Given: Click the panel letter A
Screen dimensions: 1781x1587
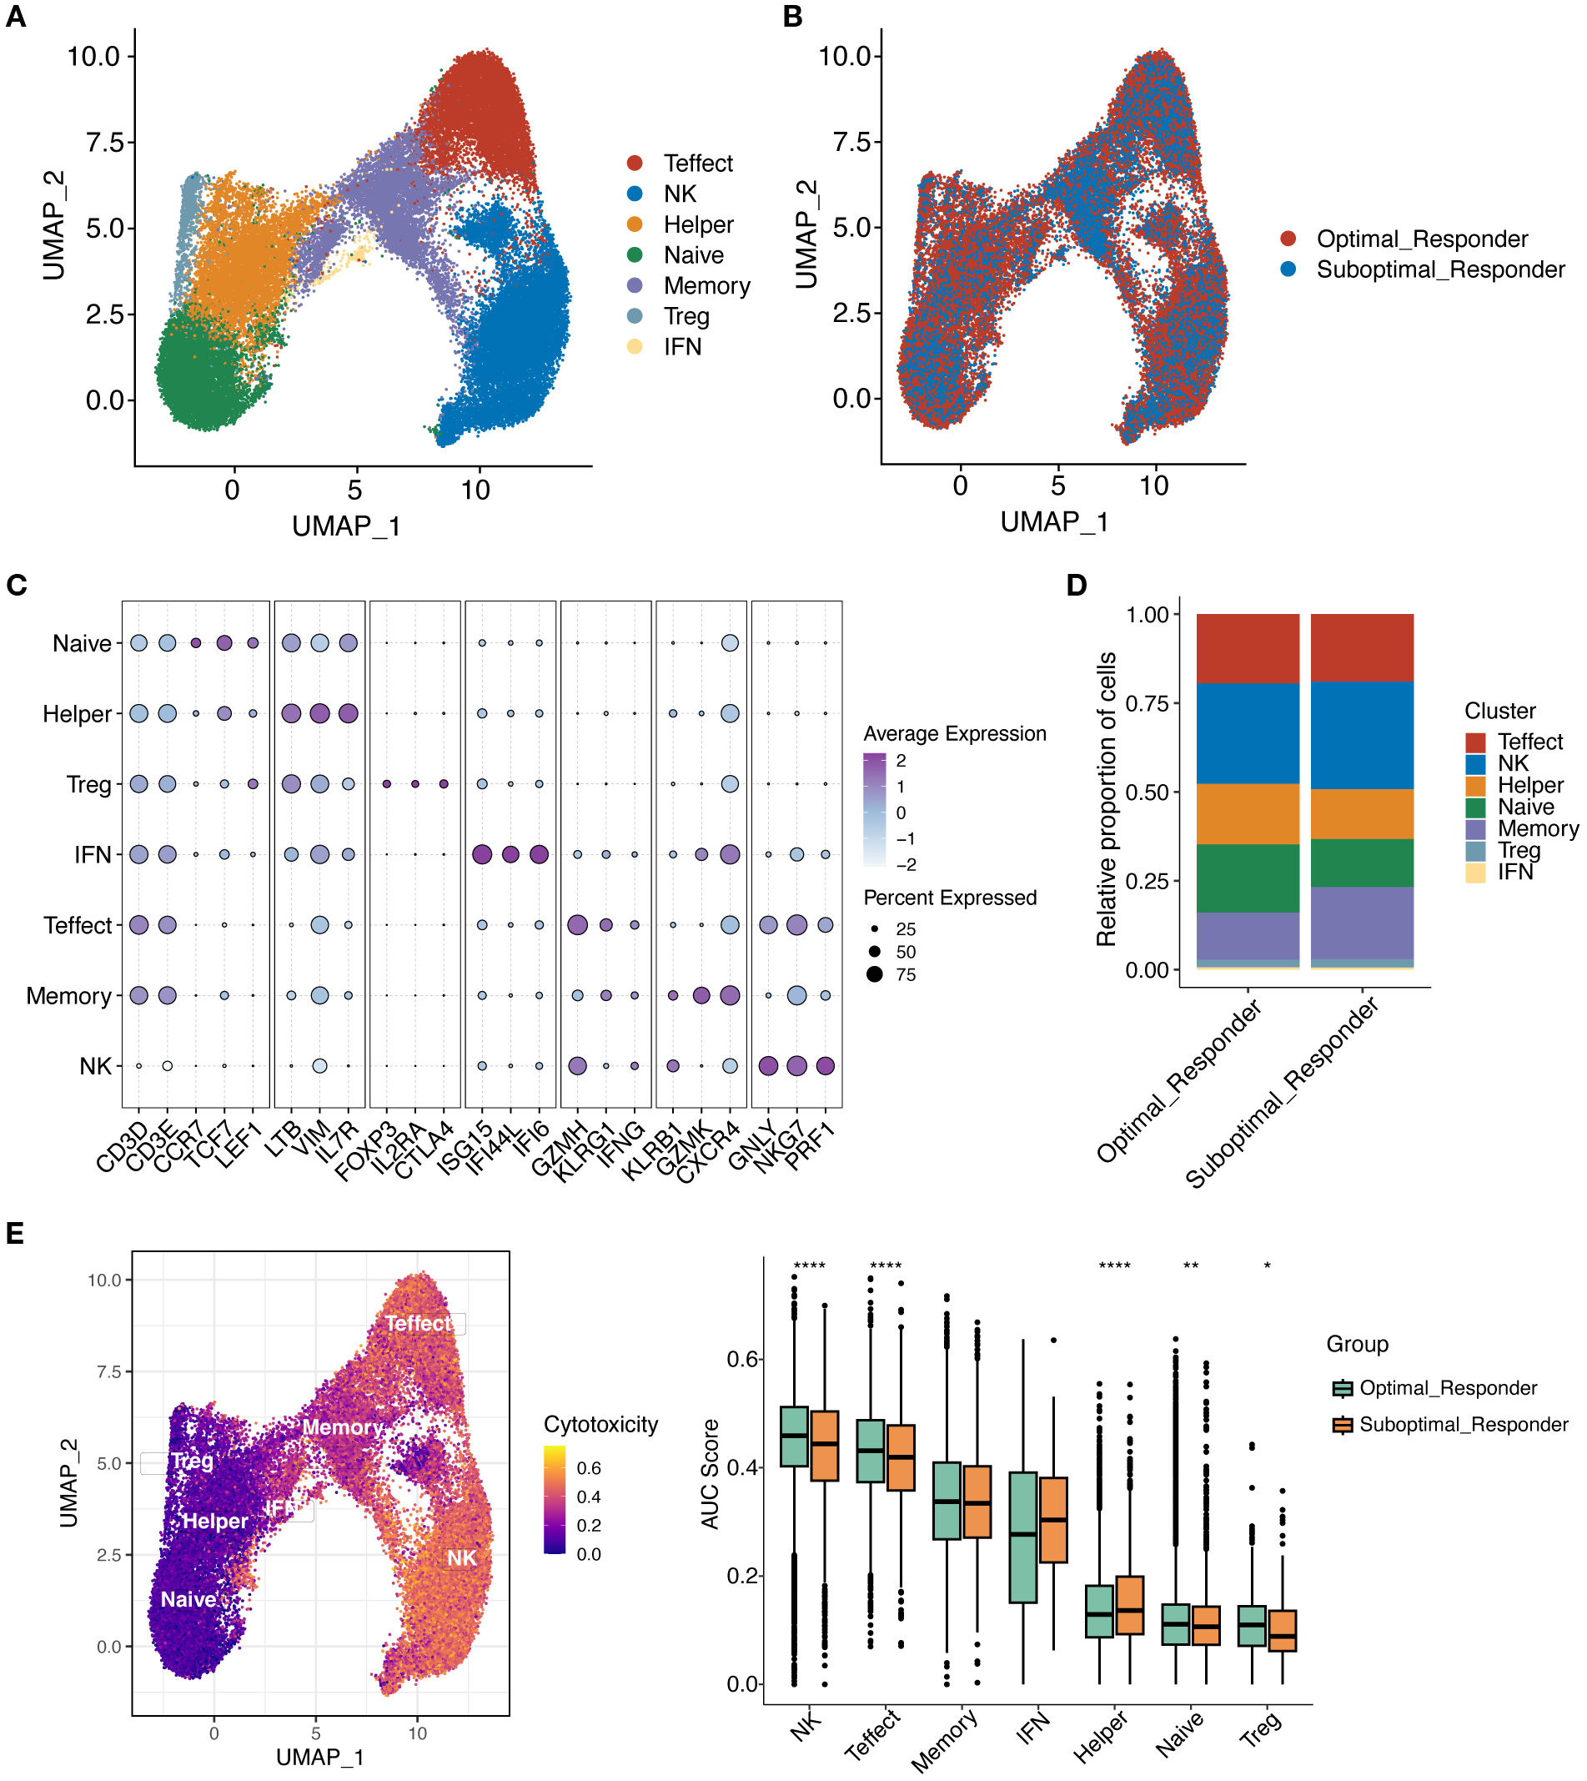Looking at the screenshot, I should (x=15, y=17).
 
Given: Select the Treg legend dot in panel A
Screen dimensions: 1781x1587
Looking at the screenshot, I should (x=635, y=315).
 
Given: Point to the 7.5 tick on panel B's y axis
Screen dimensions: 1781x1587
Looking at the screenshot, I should (x=856, y=141).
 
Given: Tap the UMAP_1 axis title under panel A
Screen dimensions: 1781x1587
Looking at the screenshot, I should (x=346, y=526).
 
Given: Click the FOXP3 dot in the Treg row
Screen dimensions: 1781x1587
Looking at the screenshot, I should (x=386, y=784).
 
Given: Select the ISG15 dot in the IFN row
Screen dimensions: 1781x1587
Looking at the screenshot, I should (x=481, y=855).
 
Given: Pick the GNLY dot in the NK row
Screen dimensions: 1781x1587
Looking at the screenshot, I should (x=768, y=1066).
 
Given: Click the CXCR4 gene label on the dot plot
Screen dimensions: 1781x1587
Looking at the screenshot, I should (x=708, y=1153).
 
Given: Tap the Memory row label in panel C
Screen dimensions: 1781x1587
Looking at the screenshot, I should (x=69, y=996).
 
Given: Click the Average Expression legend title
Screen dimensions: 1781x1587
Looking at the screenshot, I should (x=954, y=733).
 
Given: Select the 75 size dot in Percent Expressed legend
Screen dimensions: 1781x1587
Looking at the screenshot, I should (x=875, y=974).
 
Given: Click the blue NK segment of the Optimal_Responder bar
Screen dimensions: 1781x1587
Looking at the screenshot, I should (x=1247, y=733).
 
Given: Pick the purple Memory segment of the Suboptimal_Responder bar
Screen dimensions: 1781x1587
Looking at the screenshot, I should (x=1361, y=923).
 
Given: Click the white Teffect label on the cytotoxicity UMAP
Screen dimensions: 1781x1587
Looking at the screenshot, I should (x=419, y=1324).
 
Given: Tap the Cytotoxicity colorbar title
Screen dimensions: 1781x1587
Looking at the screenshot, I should (x=600, y=1424).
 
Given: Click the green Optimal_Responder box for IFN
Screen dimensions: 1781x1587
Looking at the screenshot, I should (x=1022, y=1537).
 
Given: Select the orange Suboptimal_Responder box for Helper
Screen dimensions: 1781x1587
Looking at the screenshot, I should (x=1129, y=1605).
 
